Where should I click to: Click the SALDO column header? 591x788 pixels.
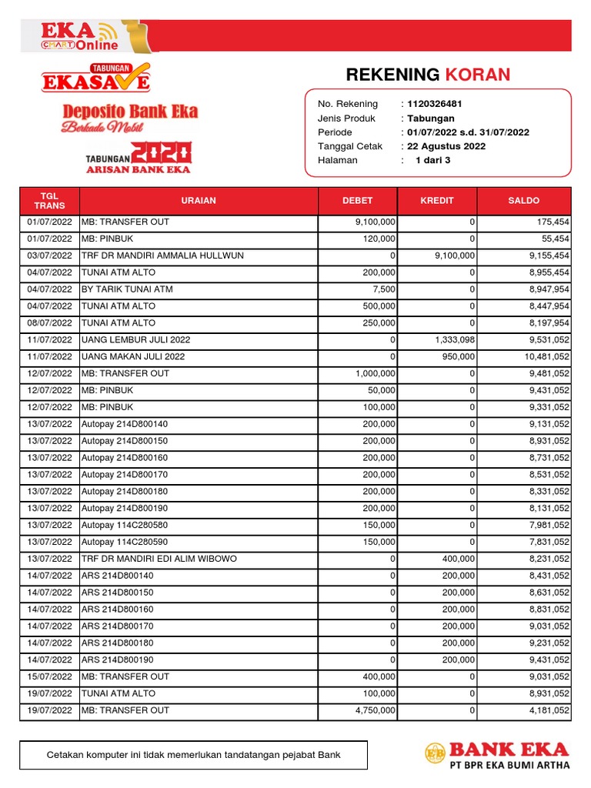523,201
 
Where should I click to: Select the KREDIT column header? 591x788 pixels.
437,201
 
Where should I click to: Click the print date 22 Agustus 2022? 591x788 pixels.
446,146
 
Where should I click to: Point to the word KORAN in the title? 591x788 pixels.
477,75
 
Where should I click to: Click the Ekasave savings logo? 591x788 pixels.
96,78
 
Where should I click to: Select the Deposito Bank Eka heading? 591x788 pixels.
130,112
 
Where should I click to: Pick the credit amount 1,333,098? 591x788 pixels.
451,340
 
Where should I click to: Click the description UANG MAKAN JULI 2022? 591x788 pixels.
133,357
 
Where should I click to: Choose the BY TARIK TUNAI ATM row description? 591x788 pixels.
127,289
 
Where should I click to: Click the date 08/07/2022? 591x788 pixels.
49,323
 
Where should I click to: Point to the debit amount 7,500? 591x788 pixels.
384,289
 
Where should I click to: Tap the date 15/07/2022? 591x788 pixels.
49,677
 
